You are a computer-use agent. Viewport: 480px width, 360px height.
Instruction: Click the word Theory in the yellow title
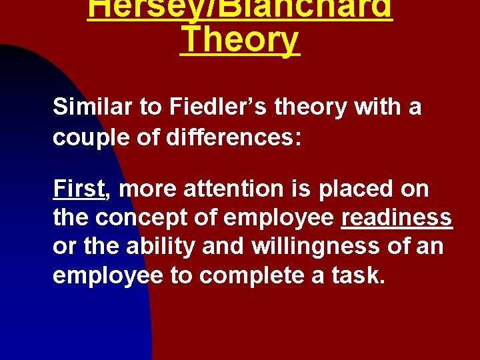[x=240, y=40]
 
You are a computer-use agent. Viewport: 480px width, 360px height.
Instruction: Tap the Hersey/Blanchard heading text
[x=240, y=8]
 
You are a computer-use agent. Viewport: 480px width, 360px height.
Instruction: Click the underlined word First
[x=79, y=189]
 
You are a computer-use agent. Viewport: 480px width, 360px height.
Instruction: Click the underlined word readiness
[x=397, y=219]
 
